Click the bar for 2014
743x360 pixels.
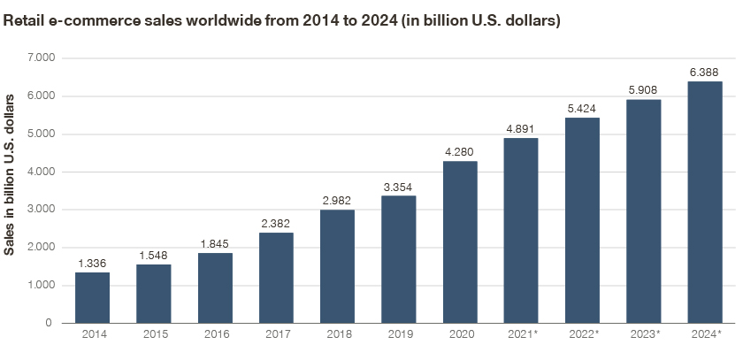[x=92, y=297]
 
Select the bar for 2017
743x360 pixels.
[x=276, y=278]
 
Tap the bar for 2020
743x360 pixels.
[x=460, y=242]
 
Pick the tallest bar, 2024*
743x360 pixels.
[x=705, y=203]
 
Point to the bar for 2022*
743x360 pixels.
[x=582, y=220]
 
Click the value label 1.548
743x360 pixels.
[x=154, y=256]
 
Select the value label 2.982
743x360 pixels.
[x=337, y=201]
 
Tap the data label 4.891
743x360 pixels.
[x=521, y=129]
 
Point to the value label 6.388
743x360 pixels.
[x=705, y=73]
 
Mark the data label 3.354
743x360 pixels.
[x=399, y=188]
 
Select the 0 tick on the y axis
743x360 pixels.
[x=49, y=323]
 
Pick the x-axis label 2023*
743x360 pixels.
[x=646, y=334]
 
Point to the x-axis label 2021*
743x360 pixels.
[x=523, y=334]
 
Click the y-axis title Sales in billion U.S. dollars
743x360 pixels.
[x=9, y=175]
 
